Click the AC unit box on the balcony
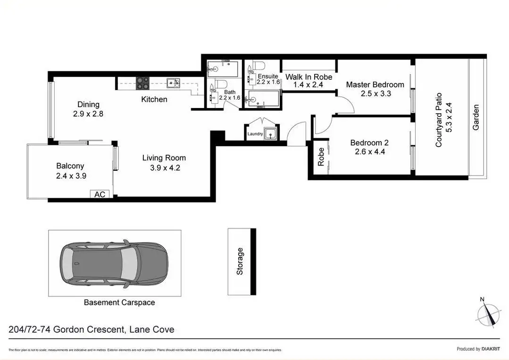pyautogui.click(x=99, y=194)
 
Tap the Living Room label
pyautogui.click(x=164, y=158)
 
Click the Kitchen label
pyautogui.click(x=154, y=99)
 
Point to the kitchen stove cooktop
pyautogui.click(x=143, y=83)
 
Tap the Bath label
pyautogui.click(x=230, y=92)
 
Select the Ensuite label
pyautogui.click(x=267, y=75)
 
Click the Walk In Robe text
pyautogui.click(x=309, y=77)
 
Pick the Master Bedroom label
pyautogui.click(x=375, y=84)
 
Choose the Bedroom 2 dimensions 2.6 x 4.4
pyautogui.click(x=369, y=152)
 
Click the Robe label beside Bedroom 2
pyautogui.click(x=321, y=156)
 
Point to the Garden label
pyautogui.click(x=476, y=117)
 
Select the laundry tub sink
pyautogui.click(x=270, y=134)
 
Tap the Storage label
pyautogui.click(x=240, y=261)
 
